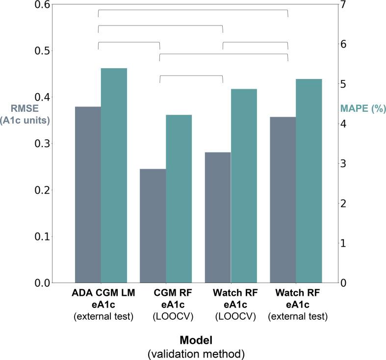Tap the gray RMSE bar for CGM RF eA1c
153,226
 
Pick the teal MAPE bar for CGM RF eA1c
179,199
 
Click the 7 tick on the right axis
345,5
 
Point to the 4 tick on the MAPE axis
345,124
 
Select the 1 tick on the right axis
345,243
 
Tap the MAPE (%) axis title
363,109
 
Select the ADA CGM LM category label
103,293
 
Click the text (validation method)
197,352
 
